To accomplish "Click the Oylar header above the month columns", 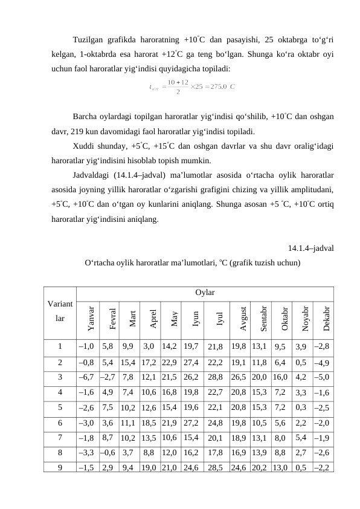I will tap(205, 293).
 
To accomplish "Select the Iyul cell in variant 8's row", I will tap(216, 452).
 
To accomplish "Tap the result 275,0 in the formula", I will tap(216, 86).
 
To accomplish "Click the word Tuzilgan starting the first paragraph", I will tap(89, 41).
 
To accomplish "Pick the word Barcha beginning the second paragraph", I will tap(86, 115).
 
